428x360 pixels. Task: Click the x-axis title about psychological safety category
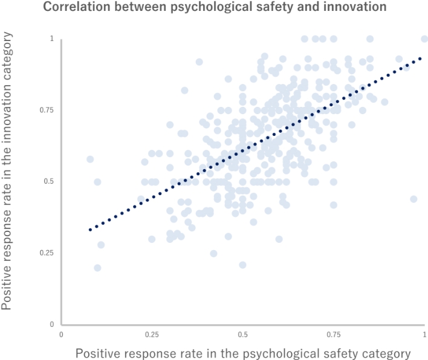243,353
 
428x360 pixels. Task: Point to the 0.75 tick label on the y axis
45,110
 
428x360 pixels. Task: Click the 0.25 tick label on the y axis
45,252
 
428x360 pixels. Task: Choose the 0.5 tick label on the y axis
48,181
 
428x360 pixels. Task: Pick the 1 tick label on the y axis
52,39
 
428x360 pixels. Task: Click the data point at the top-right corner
424,39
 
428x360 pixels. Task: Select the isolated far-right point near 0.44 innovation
413,199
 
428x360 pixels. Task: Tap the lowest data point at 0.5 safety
242,265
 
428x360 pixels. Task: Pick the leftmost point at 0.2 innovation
97,268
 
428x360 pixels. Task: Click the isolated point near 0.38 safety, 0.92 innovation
199,62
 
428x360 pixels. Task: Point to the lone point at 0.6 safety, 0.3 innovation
279,239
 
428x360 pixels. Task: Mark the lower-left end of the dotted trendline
90,230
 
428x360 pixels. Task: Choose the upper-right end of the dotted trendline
421,58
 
